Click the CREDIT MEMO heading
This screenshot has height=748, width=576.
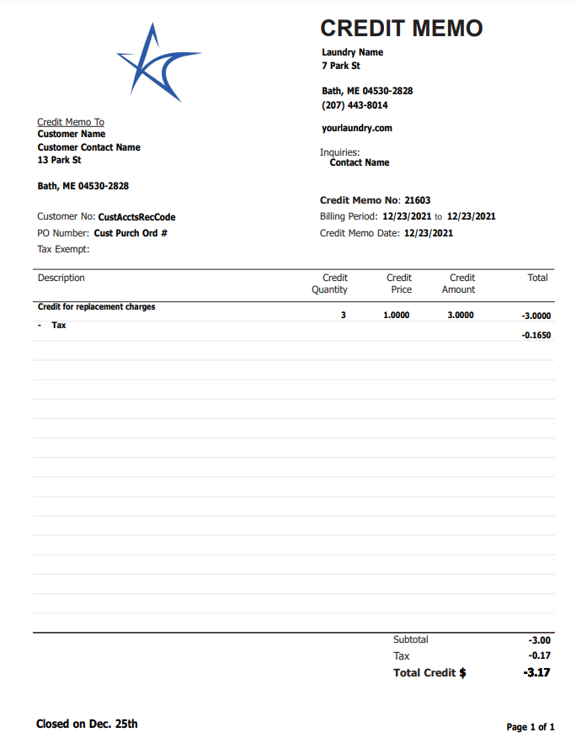(x=402, y=29)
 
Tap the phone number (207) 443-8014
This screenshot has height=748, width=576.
(x=355, y=106)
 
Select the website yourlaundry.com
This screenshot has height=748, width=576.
(x=357, y=129)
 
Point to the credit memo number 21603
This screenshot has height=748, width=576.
(x=417, y=200)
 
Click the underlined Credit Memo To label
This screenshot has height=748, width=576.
(x=71, y=122)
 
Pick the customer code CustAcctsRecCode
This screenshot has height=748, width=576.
(x=136, y=217)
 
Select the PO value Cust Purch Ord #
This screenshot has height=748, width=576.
(x=131, y=233)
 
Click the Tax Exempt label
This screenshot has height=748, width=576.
(x=63, y=249)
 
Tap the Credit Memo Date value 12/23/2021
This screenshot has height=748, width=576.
(x=429, y=233)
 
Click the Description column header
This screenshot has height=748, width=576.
(x=61, y=278)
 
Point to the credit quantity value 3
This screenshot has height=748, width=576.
(x=343, y=316)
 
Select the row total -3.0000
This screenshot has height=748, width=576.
(x=536, y=316)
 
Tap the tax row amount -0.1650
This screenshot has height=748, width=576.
(x=536, y=335)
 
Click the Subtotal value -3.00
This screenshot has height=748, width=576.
(x=539, y=640)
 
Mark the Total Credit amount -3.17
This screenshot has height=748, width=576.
(x=536, y=672)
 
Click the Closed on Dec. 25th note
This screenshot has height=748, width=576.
(x=87, y=724)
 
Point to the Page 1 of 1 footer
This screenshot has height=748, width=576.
(x=530, y=727)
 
